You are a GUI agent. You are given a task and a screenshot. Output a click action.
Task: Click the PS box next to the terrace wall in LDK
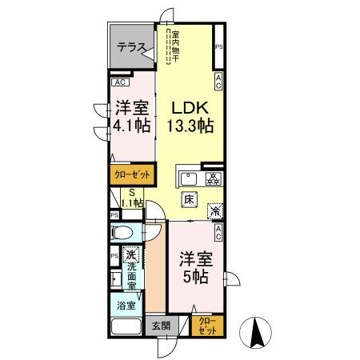pos(218,46)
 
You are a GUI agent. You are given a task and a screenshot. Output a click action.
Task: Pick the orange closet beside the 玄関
pos(208,326)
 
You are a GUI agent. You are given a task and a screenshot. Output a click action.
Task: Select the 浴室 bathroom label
pos(126,306)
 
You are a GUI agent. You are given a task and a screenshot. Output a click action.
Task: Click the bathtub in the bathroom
pos(126,326)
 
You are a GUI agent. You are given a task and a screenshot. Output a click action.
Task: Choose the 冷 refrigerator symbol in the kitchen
pos(215,211)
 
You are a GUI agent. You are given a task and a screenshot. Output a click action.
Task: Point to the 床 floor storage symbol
pos(189,200)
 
